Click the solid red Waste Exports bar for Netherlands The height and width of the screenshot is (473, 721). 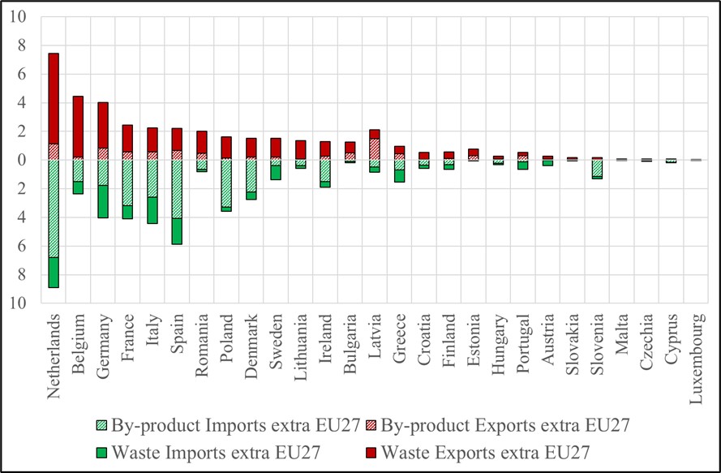54,98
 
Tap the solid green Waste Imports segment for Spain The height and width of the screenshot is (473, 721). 177,231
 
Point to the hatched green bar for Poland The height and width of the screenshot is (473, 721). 226,183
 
